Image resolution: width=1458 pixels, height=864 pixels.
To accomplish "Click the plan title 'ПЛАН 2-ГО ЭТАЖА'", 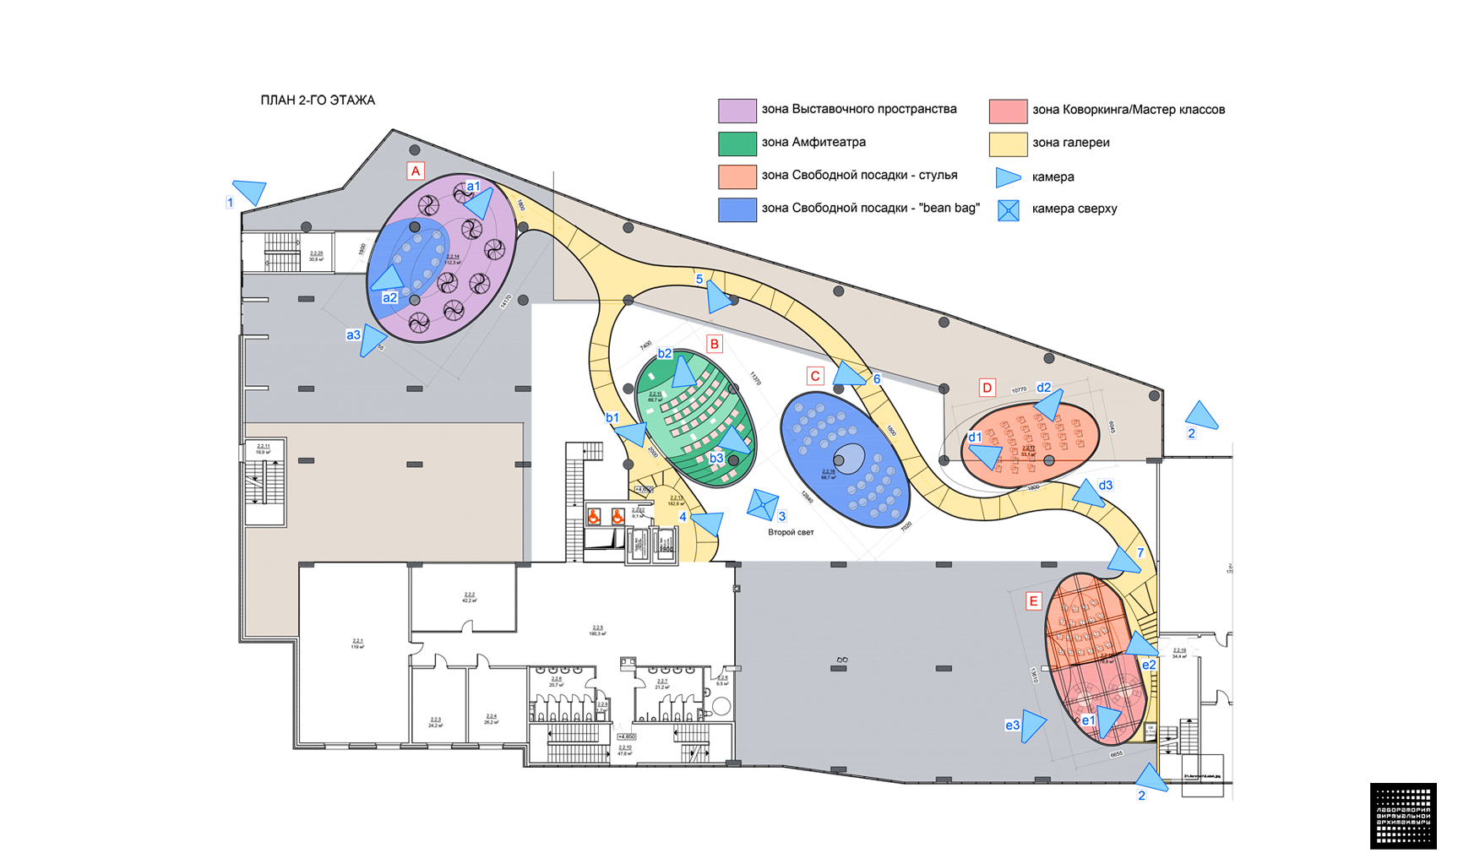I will click(318, 101).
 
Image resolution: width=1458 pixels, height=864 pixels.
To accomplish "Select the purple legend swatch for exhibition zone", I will click(737, 111).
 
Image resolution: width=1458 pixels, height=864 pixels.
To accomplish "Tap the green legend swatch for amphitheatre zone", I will click(737, 144).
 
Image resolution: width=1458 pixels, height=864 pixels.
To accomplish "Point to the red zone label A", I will click(415, 171).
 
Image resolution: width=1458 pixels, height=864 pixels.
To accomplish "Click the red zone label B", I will click(715, 344).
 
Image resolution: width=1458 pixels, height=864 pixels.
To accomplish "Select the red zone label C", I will click(814, 376).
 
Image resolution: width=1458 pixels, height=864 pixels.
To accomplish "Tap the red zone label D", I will click(987, 388).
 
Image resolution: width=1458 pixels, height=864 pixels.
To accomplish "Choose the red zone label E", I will click(1032, 601).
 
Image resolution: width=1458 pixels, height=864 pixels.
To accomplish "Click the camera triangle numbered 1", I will click(251, 191).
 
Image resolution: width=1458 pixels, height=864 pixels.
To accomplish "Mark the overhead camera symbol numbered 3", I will click(762, 504).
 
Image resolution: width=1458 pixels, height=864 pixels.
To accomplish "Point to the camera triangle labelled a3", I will click(372, 340).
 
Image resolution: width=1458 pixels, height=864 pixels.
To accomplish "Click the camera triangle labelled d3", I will click(1088, 493).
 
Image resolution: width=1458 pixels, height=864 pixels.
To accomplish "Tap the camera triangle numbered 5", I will click(718, 296).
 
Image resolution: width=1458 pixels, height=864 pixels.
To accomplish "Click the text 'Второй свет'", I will click(791, 533).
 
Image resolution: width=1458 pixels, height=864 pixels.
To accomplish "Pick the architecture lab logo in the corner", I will click(1403, 816).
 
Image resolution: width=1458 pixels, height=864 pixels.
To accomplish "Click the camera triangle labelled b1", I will click(632, 434).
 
